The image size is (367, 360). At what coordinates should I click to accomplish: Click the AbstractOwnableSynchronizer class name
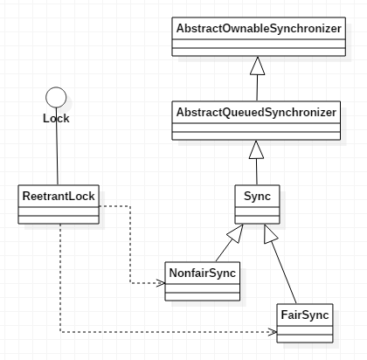coord(259,29)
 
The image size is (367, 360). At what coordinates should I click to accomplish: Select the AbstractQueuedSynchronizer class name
coord(256,113)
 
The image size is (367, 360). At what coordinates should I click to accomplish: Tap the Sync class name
coord(257,197)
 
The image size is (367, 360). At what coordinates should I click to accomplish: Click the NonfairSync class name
coord(203,273)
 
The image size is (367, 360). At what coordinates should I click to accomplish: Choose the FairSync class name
coord(305,315)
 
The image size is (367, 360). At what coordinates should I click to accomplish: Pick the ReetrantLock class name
coord(59,197)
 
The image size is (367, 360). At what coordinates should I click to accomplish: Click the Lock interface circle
coord(56,97)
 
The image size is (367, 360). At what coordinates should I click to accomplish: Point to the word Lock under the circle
coord(56,119)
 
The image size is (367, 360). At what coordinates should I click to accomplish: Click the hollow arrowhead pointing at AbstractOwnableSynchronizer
coord(258,66)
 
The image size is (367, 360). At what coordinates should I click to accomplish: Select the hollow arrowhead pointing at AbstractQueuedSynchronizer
coord(256,149)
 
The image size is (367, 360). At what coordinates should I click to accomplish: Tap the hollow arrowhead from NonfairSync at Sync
coord(236,233)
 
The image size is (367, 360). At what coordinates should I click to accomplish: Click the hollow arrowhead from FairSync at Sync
coord(270,234)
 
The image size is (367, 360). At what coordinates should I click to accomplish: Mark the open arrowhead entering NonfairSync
coord(161,283)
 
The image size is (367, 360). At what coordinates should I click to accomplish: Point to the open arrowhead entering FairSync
coord(273,332)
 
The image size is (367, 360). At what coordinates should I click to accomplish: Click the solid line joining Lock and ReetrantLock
coord(57,146)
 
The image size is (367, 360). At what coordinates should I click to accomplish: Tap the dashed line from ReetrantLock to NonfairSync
coord(130,245)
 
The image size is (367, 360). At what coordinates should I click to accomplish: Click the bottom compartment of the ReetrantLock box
coord(59,220)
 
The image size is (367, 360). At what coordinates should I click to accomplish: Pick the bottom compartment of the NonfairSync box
coord(203,296)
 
